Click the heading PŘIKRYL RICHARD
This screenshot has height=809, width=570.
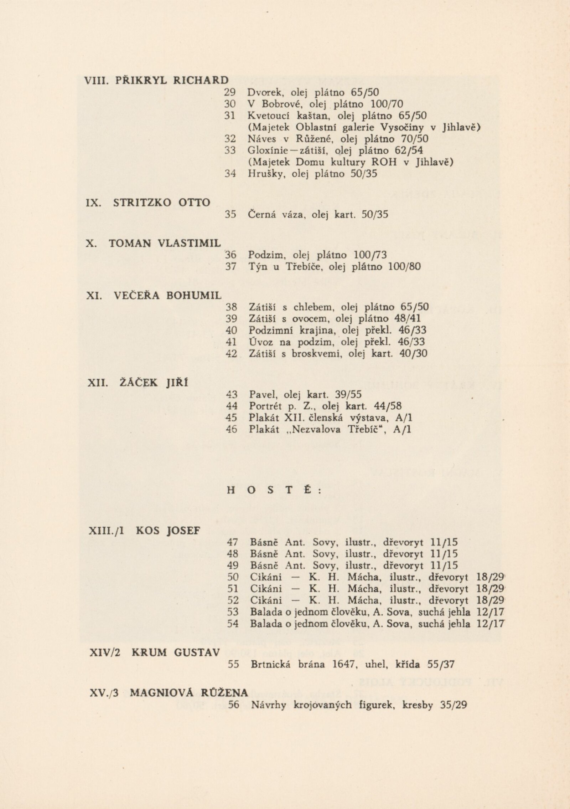(x=172, y=80)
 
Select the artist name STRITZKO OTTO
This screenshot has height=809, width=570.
(x=162, y=203)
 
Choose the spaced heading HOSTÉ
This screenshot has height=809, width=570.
(x=274, y=490)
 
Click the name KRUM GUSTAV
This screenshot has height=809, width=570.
(x=176, y=652)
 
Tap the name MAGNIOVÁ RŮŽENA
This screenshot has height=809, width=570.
(x=189, y=693)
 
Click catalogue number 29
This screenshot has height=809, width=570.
(x=230, y=93)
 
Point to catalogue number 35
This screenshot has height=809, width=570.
(x=231, y=215)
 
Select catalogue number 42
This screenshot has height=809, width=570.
(x=231, y=353)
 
